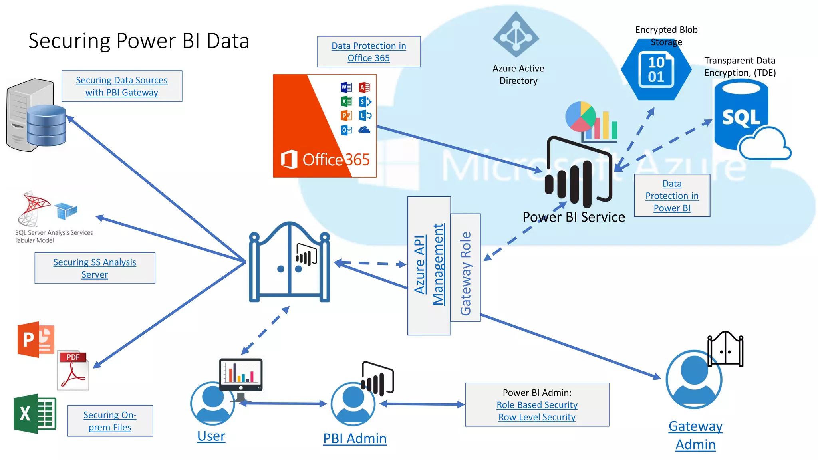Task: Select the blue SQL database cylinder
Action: tap(741, 116)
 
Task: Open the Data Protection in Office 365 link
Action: tap(369, 52)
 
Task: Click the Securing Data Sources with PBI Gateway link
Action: tap(122, 86)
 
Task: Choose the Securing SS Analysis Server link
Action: tap(95, 268)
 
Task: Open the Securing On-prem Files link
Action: tap(110, 421)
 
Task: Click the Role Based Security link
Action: tap(537, 405)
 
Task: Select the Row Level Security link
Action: tap(537, 417)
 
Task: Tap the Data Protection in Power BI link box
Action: tap(672, 196)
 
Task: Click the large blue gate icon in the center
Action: tap(290, 264)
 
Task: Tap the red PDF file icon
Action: tap(73, 370)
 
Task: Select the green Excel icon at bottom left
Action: tap(35, 413)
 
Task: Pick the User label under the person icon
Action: tap(211, 436)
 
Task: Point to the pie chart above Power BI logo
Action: tap(580, 117)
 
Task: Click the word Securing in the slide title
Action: tap(69, 41)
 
